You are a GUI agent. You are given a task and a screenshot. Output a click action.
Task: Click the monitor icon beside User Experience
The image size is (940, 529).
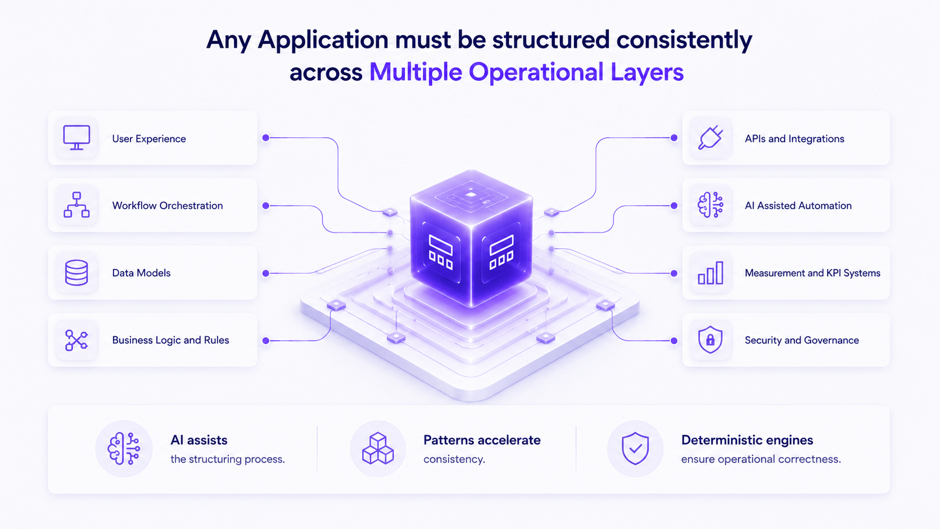click(76, 138)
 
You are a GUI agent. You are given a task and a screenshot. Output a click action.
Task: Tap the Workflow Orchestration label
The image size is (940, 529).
click(168, 206)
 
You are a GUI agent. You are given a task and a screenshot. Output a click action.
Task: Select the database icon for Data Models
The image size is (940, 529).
click(76, 273)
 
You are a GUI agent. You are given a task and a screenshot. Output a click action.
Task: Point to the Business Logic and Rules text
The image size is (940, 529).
click(170, 340)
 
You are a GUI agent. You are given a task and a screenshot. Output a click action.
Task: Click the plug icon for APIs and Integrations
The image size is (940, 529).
click(711, 138)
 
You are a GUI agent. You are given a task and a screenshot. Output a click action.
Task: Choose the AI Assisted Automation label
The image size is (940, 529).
click(798, 206)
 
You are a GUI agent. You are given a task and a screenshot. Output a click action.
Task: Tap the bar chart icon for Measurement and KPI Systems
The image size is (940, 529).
click(711, 273)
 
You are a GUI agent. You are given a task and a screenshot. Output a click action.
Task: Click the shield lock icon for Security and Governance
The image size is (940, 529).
click(710, 340)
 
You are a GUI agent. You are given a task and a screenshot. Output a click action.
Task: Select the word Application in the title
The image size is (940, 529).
click(323, 41)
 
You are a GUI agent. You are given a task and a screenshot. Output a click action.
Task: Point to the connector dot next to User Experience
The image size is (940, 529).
click(265, 138)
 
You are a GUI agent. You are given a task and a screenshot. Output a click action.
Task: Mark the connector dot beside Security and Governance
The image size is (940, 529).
click(674, 341)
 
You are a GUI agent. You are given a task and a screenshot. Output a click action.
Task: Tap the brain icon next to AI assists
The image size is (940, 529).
click(124, 449)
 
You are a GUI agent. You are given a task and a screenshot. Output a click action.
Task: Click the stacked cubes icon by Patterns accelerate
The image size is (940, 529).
click(378, 449)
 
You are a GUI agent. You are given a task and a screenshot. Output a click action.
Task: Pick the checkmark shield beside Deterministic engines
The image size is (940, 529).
click(635, 449)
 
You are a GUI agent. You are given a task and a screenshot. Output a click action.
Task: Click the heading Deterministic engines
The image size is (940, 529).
click(747, 440)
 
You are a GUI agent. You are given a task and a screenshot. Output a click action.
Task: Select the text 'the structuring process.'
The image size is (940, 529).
click(228, 459)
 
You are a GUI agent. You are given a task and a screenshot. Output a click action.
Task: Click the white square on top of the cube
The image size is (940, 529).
click(471, 195)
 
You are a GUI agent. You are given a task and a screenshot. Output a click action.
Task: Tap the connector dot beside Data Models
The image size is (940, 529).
click(265, 273)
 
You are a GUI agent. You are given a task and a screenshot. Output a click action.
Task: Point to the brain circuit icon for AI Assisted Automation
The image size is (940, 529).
click(711, 205)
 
